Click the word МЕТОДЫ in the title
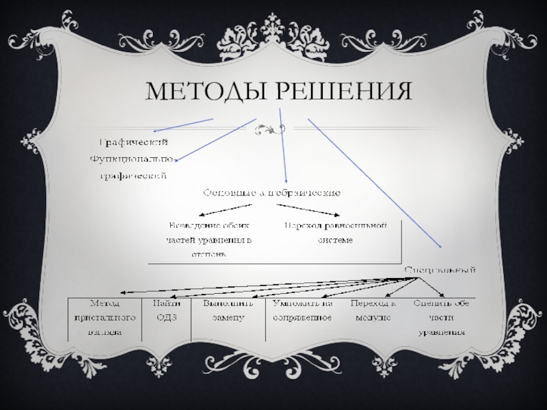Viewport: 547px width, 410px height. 202,92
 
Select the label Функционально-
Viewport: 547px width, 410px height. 134,160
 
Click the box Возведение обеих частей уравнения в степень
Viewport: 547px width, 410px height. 209,239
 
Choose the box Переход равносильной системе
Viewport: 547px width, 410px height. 336,232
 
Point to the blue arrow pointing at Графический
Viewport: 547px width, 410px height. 183,125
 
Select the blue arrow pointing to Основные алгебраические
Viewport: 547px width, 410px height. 283,146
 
